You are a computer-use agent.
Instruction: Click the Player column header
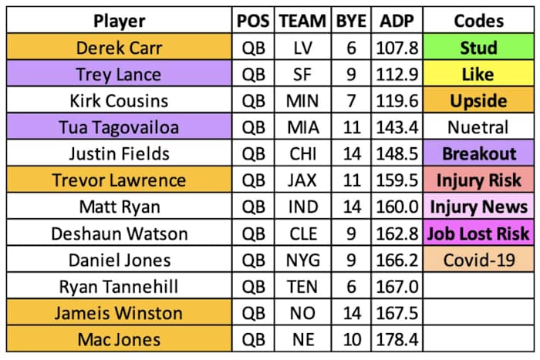[120, 21]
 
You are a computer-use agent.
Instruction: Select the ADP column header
[399, 21]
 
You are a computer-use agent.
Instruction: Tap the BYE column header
[352, 21]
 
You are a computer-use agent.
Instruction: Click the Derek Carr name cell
[120, 48]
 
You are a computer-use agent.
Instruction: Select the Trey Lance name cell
[120, 74]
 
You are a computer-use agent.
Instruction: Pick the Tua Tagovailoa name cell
[120, 127]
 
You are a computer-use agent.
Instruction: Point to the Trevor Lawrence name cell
[120, 180]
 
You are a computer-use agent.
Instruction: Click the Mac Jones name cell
[120, 340]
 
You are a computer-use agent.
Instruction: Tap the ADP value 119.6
[399, 101]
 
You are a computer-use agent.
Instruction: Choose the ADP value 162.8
[399, 234]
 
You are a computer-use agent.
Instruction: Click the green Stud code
[478, 48]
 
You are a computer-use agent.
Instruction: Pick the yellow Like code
[478, 74]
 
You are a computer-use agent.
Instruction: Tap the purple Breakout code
[478, 154]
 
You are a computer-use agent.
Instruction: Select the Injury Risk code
[478, 180]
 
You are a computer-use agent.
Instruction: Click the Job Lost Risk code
[478, 234]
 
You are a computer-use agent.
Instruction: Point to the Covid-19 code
[478, 260]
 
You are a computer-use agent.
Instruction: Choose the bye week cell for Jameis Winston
[352, 313]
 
